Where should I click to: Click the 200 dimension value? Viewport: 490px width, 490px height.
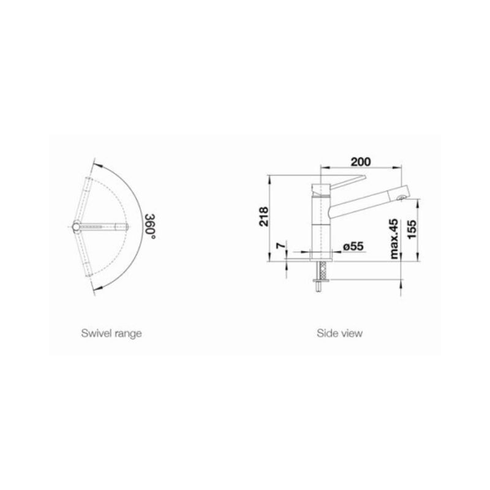(361, 162)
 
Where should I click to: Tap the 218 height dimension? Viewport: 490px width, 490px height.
(264, 216)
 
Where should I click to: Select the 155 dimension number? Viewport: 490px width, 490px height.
(412, 229)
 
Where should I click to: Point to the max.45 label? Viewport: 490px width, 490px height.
(394, 239)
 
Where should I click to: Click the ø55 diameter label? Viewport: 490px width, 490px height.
(353, 247)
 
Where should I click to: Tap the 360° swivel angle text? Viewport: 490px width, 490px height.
(150, 227)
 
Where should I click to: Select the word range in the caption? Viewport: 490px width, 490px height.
(129, 334)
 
